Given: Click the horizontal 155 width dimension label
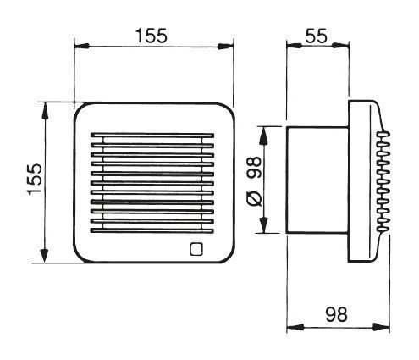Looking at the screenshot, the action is [x=152, y=36].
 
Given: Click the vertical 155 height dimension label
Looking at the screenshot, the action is [x=35, y=180].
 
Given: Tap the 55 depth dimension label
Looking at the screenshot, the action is [x=317, y=36].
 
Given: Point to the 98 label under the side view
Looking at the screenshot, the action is [x=336, y=314].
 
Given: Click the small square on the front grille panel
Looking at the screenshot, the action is [x=196, y=249].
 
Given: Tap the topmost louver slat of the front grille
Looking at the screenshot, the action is [x=152, y=135].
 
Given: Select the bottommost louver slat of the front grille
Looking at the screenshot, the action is [x=152, y=230].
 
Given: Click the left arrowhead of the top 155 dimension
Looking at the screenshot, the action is [x=81, y=46].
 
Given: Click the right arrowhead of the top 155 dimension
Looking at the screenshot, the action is [x=226, y=47].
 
